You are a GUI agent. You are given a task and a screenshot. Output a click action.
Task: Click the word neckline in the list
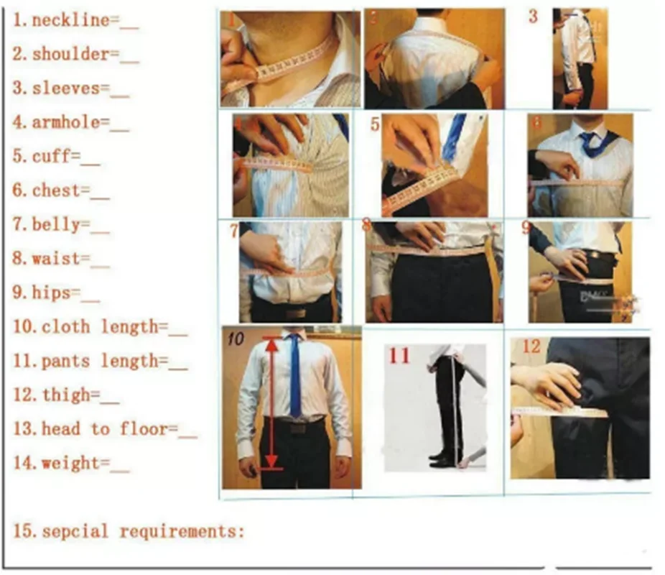pos(71,20)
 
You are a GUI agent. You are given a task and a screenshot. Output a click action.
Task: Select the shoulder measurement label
pos(71,55)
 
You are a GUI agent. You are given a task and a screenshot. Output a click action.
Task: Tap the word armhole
pos(66,123)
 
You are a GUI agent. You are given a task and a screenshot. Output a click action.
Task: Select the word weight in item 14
pos(71,463)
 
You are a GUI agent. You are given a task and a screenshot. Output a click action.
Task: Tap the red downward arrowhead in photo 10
pos(271,461)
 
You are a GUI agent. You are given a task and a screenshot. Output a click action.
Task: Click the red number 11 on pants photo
pos(399,356)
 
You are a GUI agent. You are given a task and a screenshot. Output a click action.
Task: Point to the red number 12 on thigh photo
pos(531,346)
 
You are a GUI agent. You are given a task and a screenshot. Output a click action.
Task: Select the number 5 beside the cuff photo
pos(375,124)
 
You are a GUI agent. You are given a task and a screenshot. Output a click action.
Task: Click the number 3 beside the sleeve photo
pos(533,17)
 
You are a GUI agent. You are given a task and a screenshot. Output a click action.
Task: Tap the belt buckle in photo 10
pos(298,428)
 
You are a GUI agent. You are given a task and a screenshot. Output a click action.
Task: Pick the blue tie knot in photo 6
pos(589,138)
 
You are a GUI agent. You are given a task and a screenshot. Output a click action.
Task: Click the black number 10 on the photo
pos(236,339)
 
